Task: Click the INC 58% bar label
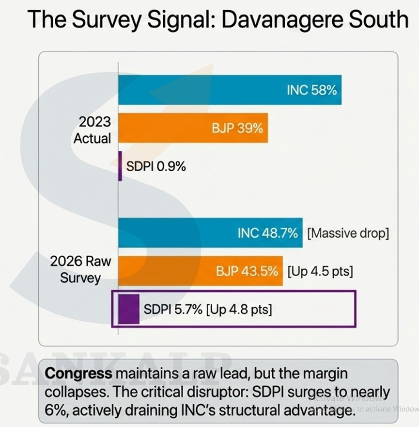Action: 311,90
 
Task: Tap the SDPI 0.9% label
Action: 156,166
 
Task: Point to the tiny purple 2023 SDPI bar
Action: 120,166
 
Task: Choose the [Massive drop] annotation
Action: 348,233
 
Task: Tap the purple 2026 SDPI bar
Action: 129,309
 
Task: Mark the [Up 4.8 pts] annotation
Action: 239,309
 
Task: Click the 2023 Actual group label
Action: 92,130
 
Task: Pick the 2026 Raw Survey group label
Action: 80,269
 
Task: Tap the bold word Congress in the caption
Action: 78,374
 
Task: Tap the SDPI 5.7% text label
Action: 173,309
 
